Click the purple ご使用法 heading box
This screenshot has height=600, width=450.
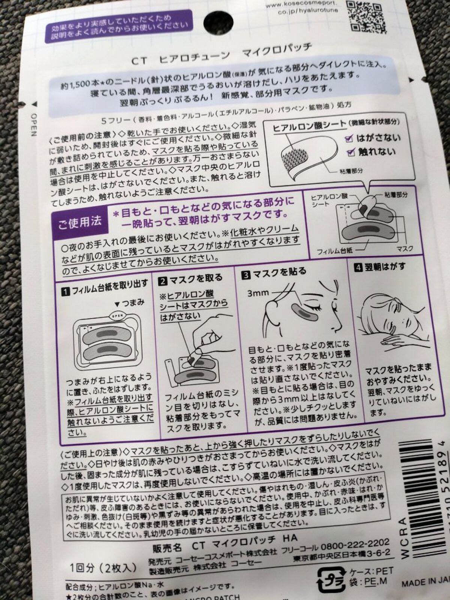(x=80, y=222)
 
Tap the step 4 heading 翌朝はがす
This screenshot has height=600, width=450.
(x=379, y=267)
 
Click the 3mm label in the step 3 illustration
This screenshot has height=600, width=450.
(x=258, y=293)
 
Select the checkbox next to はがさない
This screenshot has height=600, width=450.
(x=349, y=139)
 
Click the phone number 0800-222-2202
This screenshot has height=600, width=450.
(x=355, y=544)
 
